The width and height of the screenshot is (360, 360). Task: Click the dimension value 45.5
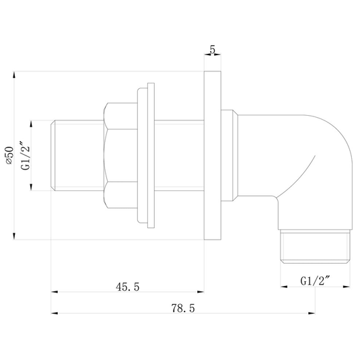click(x=127, y=287)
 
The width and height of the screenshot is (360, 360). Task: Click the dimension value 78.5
click(x=183, y=308)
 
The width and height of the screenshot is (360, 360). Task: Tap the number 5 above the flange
click(x=213, y=50)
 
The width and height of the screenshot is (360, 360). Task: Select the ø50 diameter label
click(x=10, y=155)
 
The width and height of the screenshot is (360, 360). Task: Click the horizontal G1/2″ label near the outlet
click(x=315, y=281)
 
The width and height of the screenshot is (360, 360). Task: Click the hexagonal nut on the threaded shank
click(x=120, y=155)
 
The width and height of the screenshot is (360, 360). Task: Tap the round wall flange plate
click(x=213, y=155)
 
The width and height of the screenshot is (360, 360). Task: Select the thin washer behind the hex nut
click(x=151, y=155)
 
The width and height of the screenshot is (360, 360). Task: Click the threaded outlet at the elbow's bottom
click(x=315, y=247)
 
